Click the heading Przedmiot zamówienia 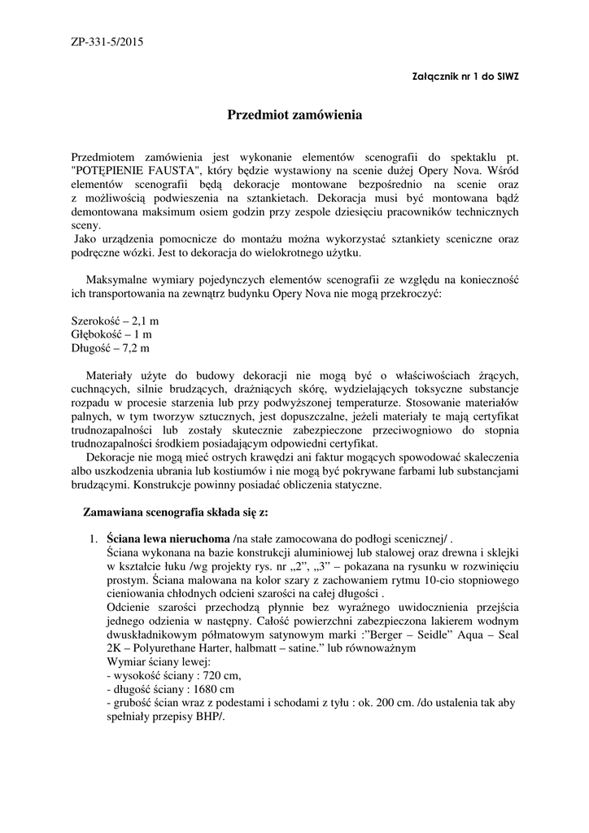[294, 116]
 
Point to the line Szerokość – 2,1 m [116, 321]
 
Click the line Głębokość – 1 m [111, 334]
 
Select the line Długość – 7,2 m [111, 348]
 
